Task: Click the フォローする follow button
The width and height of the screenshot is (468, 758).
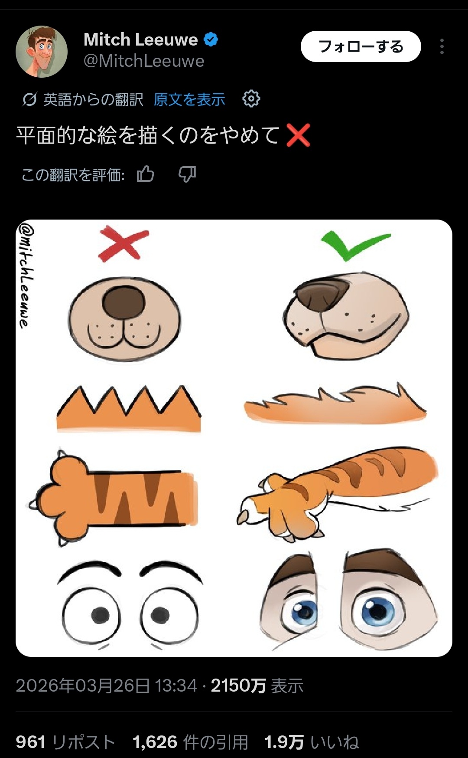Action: pos(361,46)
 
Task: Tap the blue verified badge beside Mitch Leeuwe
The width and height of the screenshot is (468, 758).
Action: pos(211,40)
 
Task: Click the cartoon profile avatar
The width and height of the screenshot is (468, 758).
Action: pos(42,51)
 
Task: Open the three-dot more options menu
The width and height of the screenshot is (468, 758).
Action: pos(442,46)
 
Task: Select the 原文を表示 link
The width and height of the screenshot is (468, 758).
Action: pos(189,99)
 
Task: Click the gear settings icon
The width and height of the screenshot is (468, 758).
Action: pos(251,99)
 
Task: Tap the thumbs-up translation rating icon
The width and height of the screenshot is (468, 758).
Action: pos(146,174)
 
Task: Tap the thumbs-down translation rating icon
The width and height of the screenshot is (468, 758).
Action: pos(187,174)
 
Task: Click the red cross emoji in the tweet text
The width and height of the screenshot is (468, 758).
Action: pos(298,135)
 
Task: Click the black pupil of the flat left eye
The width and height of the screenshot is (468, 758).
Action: pos(101,615)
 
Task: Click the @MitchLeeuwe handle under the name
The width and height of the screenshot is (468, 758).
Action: pos(143,61)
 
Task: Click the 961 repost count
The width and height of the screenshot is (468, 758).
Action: pos(30,742)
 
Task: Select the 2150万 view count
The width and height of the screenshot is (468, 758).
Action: pos(238,686)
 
